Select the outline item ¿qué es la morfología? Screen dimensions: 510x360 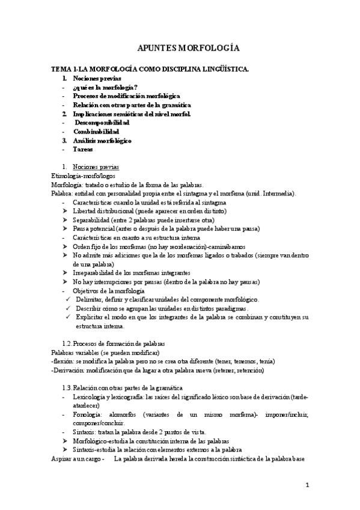click(105, 87)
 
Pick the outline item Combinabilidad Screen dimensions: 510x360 click(96, 131)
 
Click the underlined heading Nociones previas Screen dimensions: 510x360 click(96, 166)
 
